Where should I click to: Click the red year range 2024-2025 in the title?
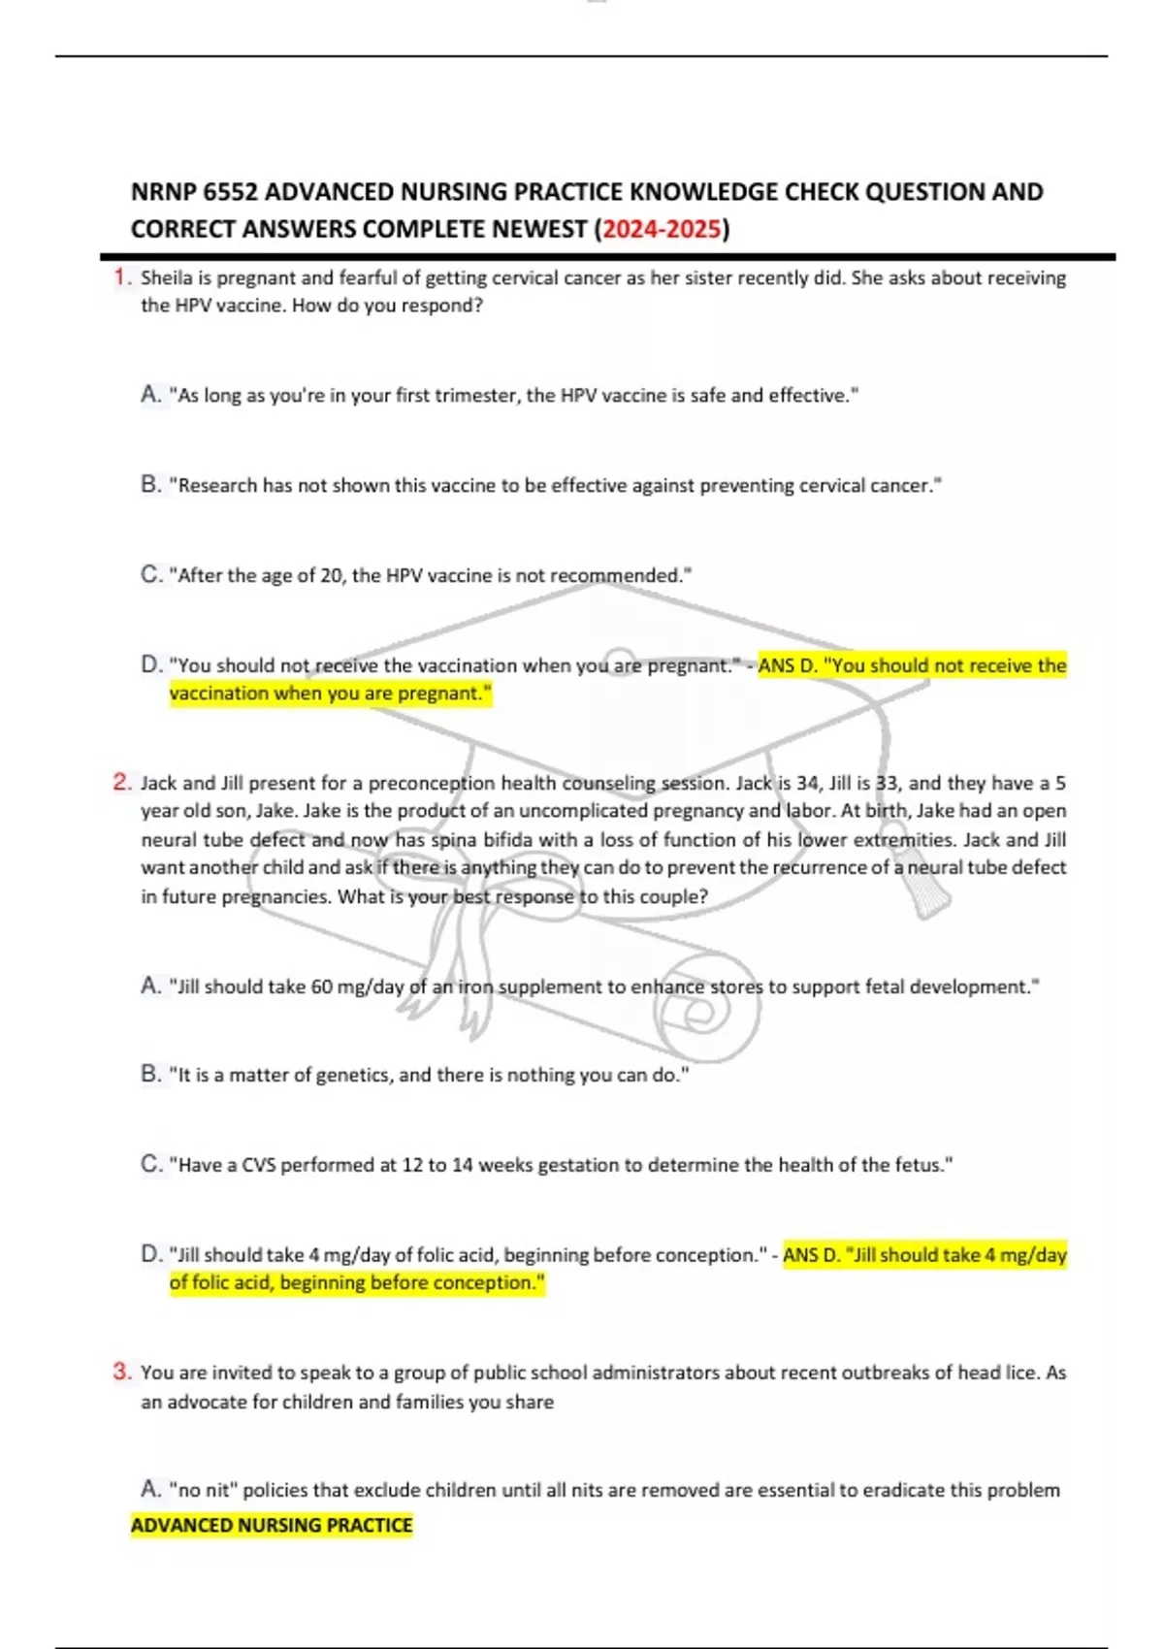click(662, 230)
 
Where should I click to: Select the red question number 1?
click(121, 277)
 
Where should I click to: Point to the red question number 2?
click(121, 783)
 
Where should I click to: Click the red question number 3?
click(121, 1372)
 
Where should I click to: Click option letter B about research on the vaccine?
click(150, 485)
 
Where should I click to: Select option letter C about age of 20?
click(150, 575)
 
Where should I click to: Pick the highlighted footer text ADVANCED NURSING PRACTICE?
click(272, 1526)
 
